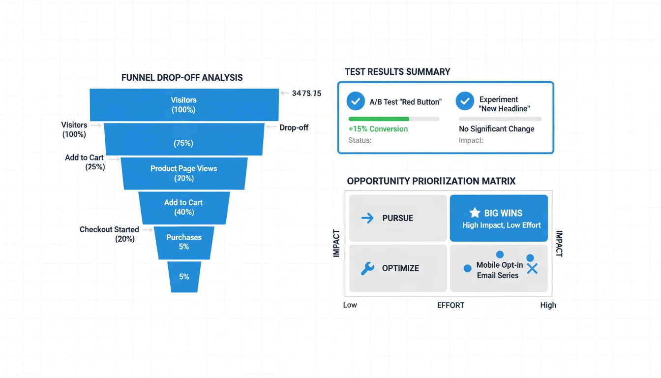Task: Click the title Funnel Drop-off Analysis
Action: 182,78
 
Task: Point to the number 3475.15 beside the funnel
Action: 306,93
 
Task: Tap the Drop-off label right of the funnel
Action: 294,127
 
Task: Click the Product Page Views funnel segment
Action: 183,173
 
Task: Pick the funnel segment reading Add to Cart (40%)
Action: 183,207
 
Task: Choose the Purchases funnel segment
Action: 184,242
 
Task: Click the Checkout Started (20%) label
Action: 109,234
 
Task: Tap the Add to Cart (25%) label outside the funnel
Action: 85,162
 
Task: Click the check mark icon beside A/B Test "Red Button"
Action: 356,101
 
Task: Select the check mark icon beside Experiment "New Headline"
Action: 465,101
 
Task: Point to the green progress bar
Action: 379,119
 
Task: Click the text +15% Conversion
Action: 378,129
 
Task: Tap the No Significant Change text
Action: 496,129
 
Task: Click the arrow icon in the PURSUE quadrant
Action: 367,218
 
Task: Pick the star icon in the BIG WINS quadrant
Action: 475,213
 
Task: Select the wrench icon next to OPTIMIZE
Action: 367,268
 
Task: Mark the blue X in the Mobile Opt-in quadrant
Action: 532,269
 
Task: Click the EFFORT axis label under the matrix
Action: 451,305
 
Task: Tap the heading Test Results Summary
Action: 397,72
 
